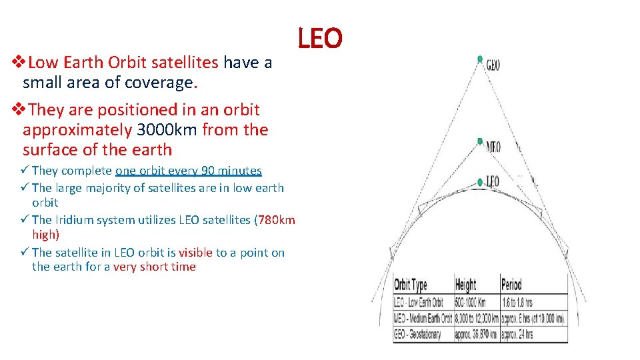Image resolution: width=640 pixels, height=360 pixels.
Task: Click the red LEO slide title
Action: pyautogui.click(x=319, y=39)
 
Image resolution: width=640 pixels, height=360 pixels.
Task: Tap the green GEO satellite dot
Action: pyautogui.click(x=480, y=59)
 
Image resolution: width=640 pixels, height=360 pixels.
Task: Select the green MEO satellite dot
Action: pyautogui.click(x=479, y=141)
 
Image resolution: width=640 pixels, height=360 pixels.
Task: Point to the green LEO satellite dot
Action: pyautogui.click(x=480, y=182)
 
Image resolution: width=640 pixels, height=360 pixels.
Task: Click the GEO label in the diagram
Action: pyautogui.click(x=493, y=65)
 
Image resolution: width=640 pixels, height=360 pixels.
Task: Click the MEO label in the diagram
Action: pyautogui.click(x=493, y=147)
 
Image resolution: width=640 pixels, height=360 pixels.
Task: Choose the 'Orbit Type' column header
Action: pyautogui.click(x=411, y=285)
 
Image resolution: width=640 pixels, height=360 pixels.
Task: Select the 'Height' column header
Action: pyautogui.click(x=465, y=285)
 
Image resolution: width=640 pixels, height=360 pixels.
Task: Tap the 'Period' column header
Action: pyautogui.click(x=511, y=285)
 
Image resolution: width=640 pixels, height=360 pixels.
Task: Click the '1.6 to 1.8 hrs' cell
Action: pyautogui.click(x=519, y=302)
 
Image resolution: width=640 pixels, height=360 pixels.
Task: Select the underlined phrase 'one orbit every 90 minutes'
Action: pyautogui.click(x=189, y=171)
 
